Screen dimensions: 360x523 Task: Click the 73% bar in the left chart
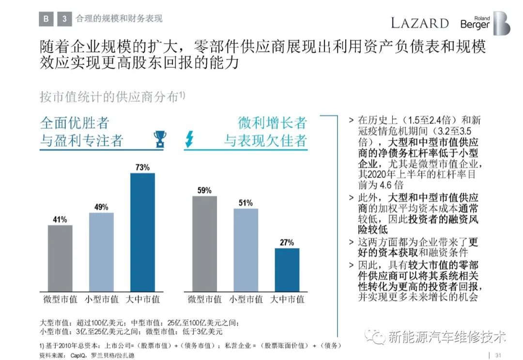(x=142, y=232)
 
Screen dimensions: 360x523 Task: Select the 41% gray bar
(x=60, y=258)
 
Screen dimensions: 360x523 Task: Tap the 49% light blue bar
(x=101, y=252)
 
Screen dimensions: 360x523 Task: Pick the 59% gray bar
(x=204, y=244)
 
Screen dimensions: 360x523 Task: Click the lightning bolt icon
(x=189, y=139)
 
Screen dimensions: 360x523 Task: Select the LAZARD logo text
(x=420, y=23)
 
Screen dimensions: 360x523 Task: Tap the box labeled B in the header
(x=46, y=19)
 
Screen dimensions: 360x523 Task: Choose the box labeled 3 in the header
(x=64, y=19)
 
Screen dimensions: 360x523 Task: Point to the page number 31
(x=499, y=355)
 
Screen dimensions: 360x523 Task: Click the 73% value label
(x=142, y=167)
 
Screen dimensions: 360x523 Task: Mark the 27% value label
(x=287, y=242)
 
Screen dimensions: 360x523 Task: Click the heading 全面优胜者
(x=75, y=122)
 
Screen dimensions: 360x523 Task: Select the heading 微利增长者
(x=272, y=122)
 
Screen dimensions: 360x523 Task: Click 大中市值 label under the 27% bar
(x=287, y=299)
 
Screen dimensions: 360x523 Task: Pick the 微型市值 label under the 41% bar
(x=60, y=299)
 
